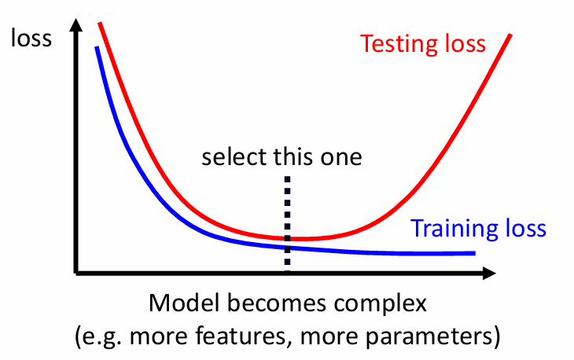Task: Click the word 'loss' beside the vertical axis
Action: pyautogui.click(x=31, y=38)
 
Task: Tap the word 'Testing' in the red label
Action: pyautogui.click(x=398, y=45)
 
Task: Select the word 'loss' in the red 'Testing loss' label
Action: pyautogui.click(x=465, y=43)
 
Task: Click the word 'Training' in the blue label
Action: pyautogui.click(x=454, y=230)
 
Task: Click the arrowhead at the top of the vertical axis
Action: pyautogui.click(x=76, y=25)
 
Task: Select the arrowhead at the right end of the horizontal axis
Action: pyautogui.click(x=489, y=273)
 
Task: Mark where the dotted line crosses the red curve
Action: pyautogui.click(x=287, y=238)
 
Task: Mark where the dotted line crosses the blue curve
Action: pyautogui.click(x=287, y=248)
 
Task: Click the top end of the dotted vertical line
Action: pyautogui.click(x=287, y=177)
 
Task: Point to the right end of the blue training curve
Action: pyautogui.click(x=475, y=253)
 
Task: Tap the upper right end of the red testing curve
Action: pyautogui.click(x=510, y=35)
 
